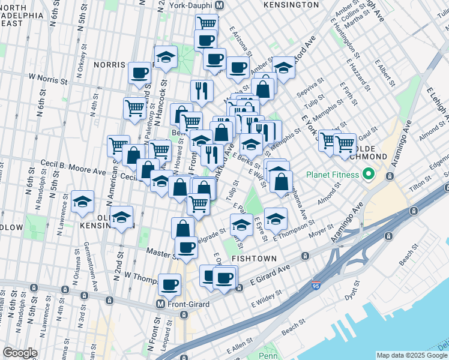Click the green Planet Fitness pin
tap(369, 175)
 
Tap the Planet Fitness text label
tap(333, 175)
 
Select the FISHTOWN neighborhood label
tap(255, 259)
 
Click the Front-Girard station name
tap(188, 304)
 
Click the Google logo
tap(20, 352)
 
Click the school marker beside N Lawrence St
tap(83, 203)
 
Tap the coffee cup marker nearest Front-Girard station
tap(170, 284)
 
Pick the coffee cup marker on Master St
tap(186, 247)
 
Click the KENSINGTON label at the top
tap(291, 5)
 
